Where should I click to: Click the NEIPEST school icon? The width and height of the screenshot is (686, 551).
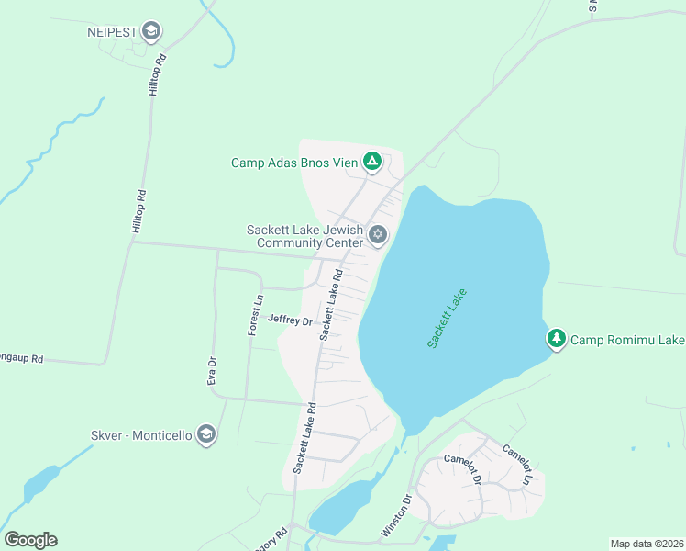click(x=152, y=32)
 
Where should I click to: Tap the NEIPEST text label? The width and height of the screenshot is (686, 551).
click(x=112, y=32)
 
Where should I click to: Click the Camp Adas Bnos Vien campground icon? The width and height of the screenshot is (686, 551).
click(x=372, y=163)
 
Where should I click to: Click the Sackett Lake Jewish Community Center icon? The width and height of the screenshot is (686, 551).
click(x=377, y=236)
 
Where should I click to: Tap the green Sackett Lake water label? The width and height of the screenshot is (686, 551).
click(x=447, y=318)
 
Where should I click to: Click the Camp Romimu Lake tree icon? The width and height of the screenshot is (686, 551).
click(x=557, y=340)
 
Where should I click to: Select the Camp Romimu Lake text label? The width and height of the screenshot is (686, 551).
click(x=627, y=341)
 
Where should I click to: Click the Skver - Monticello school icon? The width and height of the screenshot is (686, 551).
click(x=206, y=434)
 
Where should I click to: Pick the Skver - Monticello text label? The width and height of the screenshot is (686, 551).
click(x=141, y=434)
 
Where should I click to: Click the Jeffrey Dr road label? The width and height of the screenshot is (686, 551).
click(x=291, y=320)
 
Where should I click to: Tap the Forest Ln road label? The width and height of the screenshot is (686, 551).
click(x=255, y=314)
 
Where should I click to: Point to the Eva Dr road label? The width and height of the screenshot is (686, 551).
click(x=212, y=370)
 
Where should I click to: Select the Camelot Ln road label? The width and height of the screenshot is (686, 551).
click(x=514, y=464)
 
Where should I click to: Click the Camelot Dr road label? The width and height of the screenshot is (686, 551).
click(x=462, y=468)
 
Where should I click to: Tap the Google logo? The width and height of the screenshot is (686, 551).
click(x=30, y=540)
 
